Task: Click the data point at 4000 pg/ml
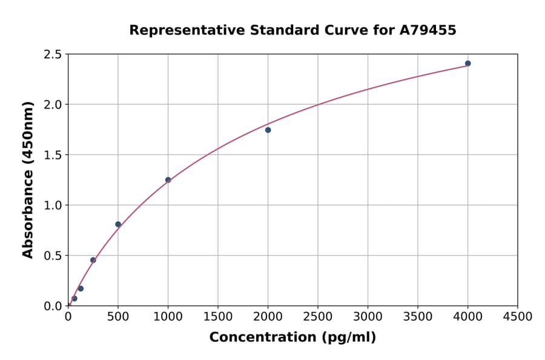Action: (x=467, y=64)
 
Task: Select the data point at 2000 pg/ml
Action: (x=268, y=130)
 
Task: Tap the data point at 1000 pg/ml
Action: (x=168, y=180)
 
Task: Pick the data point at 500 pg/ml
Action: (x=118, y=224)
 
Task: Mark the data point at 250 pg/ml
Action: (x=93, y=260)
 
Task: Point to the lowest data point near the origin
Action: (x=74, y=298)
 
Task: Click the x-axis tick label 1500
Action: (x=218, y=316)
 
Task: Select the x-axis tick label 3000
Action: (x=368, y=316)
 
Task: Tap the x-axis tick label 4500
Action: (x=517, y=316)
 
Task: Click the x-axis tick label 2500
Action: (x=318, y=316)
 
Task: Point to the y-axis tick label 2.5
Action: (x=53, y=55)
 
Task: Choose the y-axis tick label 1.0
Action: (x=53, y=205)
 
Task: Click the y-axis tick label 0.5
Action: (x=53, y=256)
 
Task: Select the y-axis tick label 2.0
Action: (x=53, y=105)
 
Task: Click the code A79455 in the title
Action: (x=428, y=30)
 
